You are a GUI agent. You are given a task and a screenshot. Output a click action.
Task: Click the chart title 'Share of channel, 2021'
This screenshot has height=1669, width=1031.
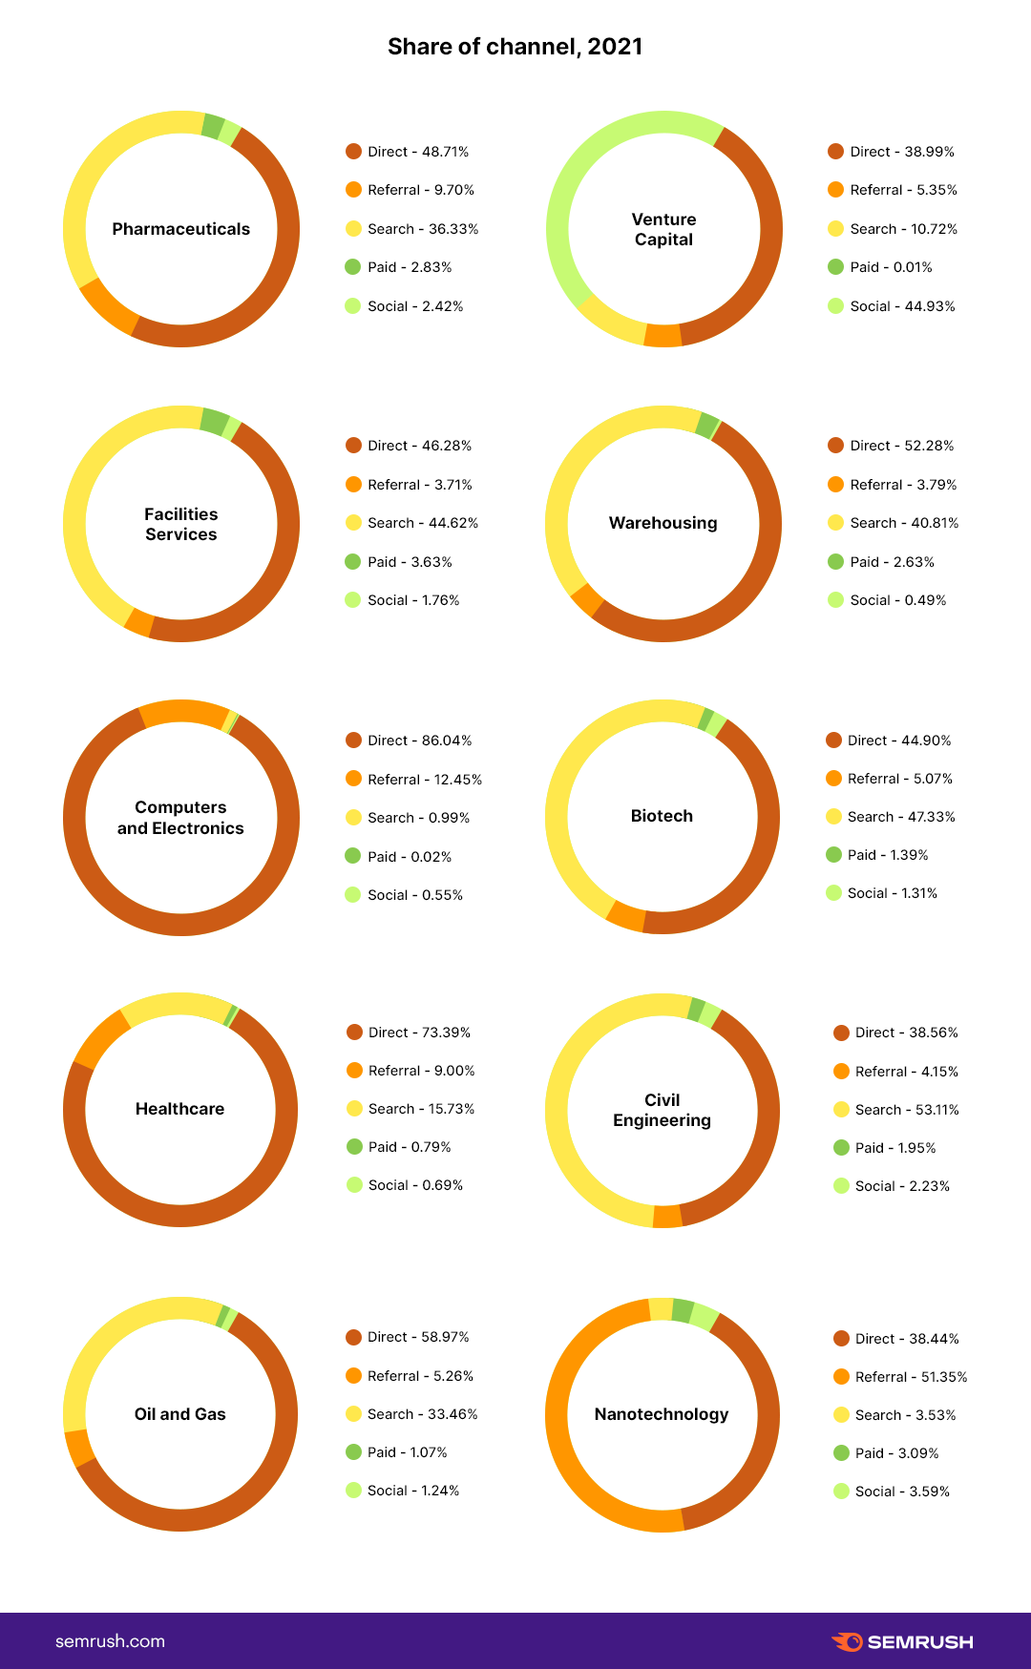tap(515, 47)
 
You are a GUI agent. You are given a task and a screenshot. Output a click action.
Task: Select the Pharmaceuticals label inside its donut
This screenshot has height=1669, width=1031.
tap(180, 229)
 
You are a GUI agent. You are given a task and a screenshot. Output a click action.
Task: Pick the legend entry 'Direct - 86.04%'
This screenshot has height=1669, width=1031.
tap(419, 741)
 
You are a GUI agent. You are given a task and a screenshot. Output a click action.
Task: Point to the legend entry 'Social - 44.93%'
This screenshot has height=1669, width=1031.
tap(902, 306)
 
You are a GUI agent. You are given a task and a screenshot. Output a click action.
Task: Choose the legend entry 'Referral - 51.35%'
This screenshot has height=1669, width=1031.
tap(911, 1377)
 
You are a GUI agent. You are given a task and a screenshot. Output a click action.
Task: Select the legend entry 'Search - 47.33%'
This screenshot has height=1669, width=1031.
tap(900, 817)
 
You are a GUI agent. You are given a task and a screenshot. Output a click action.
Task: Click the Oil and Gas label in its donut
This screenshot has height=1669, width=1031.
tap(179, 1414)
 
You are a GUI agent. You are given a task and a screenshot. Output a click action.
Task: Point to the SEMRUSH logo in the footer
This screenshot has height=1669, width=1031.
tap(902, 1641)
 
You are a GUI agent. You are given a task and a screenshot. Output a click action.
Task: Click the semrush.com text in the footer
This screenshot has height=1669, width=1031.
tap(110, 1641)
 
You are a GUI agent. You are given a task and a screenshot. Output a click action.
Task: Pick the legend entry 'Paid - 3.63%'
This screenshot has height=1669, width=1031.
tap(410, 562)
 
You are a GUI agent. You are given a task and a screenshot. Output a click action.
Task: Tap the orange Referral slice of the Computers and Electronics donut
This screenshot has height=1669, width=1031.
tap(181, 712)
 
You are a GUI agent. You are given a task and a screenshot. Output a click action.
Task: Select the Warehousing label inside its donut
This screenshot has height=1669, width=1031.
tap(663, 523)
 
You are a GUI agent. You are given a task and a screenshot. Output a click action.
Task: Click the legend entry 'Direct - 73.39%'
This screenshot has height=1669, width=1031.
tap(419, 1033)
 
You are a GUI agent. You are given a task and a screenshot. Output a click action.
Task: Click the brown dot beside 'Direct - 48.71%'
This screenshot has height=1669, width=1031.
tap(353, 152)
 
